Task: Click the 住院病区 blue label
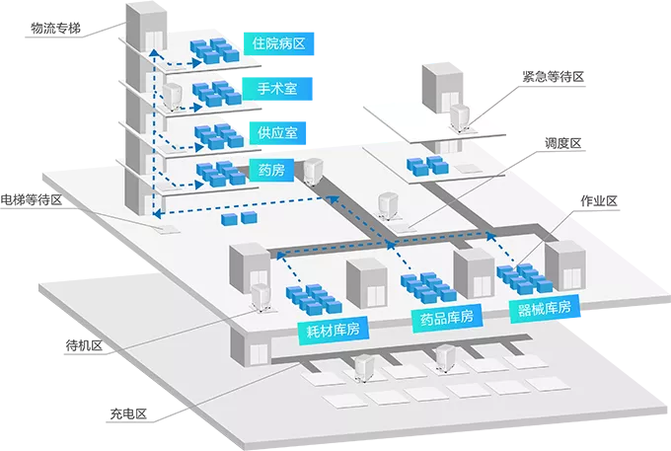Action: click(x=278, y=43)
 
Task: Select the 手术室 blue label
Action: click(x=277, y=89)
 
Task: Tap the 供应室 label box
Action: click(x=277, y=132)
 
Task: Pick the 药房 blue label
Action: click(x=271, y=171)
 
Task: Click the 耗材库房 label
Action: click(x=334, y=329)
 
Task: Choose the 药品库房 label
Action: click(x=447, y=318)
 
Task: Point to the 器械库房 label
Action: click(x=545, y=308)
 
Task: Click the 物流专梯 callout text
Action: click(x=55, y=29)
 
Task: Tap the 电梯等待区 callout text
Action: click(x=32, y=199)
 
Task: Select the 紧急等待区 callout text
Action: click(x=553, y=77)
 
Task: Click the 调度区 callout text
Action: click(x=563, y=143)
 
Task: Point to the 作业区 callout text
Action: click(x=599, y=200)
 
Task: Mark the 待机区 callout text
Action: click(x=84, y=345)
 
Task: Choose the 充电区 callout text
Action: click(x=128, y=413)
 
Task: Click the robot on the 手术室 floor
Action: click(x=173, y=98)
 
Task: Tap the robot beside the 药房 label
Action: click(x=313, y=172)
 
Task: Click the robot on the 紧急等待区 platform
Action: click(x=459, y=117)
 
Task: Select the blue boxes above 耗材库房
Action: click(x=314, y=299)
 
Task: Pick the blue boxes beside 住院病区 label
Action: click(x=215, y=51)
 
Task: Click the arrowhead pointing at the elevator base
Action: click(x=157, y=212)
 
